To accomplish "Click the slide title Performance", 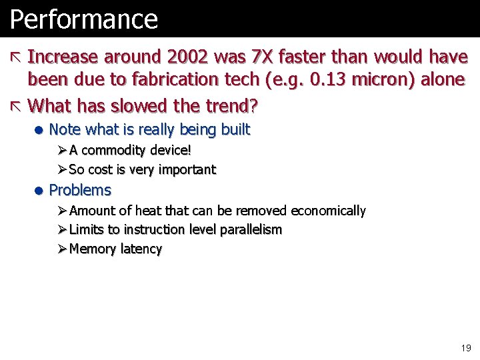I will [83, 19].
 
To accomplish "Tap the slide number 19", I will [465, 348].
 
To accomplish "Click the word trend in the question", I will [229, 105].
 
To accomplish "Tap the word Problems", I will [80, 190].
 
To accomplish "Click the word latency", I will [141, 249].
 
